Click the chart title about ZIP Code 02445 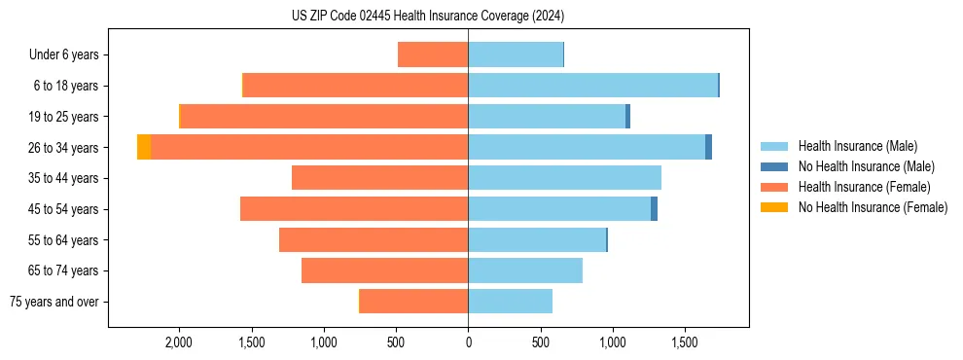pyautogui.click(x=428, y=17)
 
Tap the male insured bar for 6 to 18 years pyautogui.click(x=592, y=86)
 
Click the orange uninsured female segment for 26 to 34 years pyautogui.click(x=144, y=147)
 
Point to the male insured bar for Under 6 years pyautogui.click(x=516, y=54)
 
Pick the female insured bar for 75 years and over pyautogui.click(x=413, y=302)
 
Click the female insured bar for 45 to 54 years pyautogui.click(x=354, y=208)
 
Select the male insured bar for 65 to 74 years pyautogui.click(x=525, y=270)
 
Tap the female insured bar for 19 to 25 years pyautogui.click(x=325, y=117)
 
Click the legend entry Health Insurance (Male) pyautogui.click(x=857, y=146)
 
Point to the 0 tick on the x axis pyautogui.click(x=468, y=342)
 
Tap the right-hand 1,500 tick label pyautogui.click(x=684, y=342)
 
